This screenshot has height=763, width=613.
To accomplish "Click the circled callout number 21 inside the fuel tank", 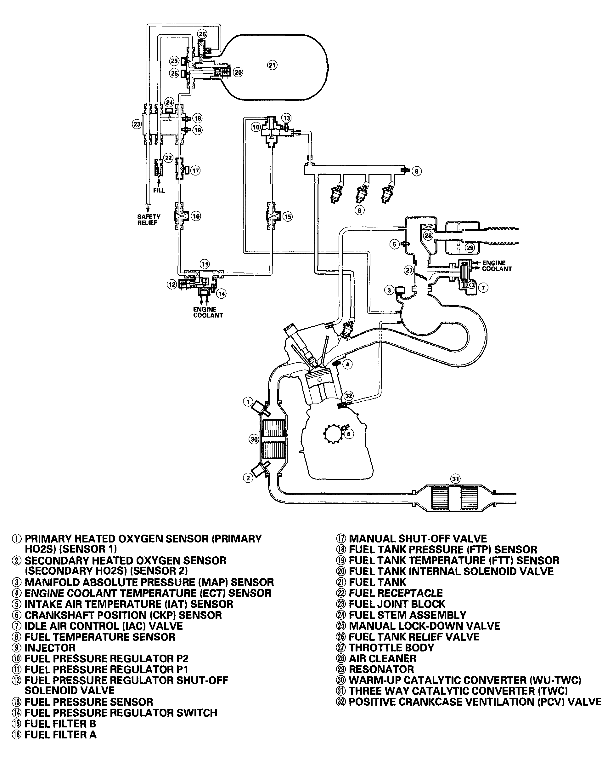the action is point(272,65).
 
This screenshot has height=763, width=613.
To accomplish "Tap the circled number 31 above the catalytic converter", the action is point(455,479).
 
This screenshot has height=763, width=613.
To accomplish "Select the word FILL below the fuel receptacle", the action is point(160,190).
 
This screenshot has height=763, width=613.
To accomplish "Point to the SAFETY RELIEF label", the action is point(149,220).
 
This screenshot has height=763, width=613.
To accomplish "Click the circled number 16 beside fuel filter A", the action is point(196,216).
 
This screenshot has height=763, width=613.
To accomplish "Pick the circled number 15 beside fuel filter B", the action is point(287,217).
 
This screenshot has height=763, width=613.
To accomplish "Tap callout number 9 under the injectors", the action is point(359,210).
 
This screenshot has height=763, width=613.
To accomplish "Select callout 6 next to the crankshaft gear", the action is point(349,434).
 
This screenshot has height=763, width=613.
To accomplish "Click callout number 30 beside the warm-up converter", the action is point(254,439).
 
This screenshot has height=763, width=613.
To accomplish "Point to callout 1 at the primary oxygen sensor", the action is point(248,402).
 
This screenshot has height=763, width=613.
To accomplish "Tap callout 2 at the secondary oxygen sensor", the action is point(248,478).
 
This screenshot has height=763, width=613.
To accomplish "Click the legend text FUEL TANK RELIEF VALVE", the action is point(414,637).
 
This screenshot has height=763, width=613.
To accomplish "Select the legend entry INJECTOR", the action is point(50,648).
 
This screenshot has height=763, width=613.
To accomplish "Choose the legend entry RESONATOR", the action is point(381,669).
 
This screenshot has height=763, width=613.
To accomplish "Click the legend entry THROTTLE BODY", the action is point(391,648).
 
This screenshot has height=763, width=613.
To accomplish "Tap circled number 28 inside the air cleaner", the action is point(428,236).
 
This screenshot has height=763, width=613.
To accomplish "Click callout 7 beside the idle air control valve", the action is point(483,288).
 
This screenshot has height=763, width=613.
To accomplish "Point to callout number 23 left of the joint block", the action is point(137,124).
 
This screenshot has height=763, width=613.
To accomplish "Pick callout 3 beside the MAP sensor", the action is point(389,290).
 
